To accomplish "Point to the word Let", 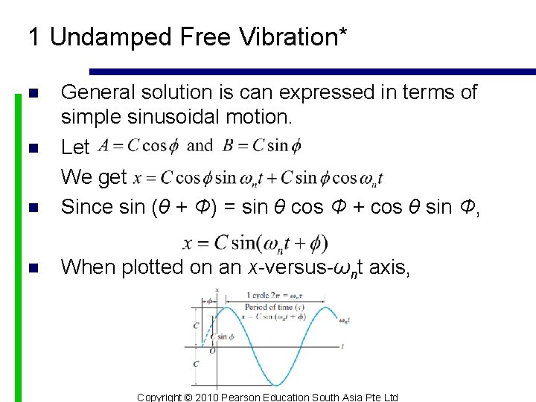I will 74,147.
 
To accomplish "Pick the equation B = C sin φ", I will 262,146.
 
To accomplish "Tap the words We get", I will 94,177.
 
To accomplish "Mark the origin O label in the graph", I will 213,350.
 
